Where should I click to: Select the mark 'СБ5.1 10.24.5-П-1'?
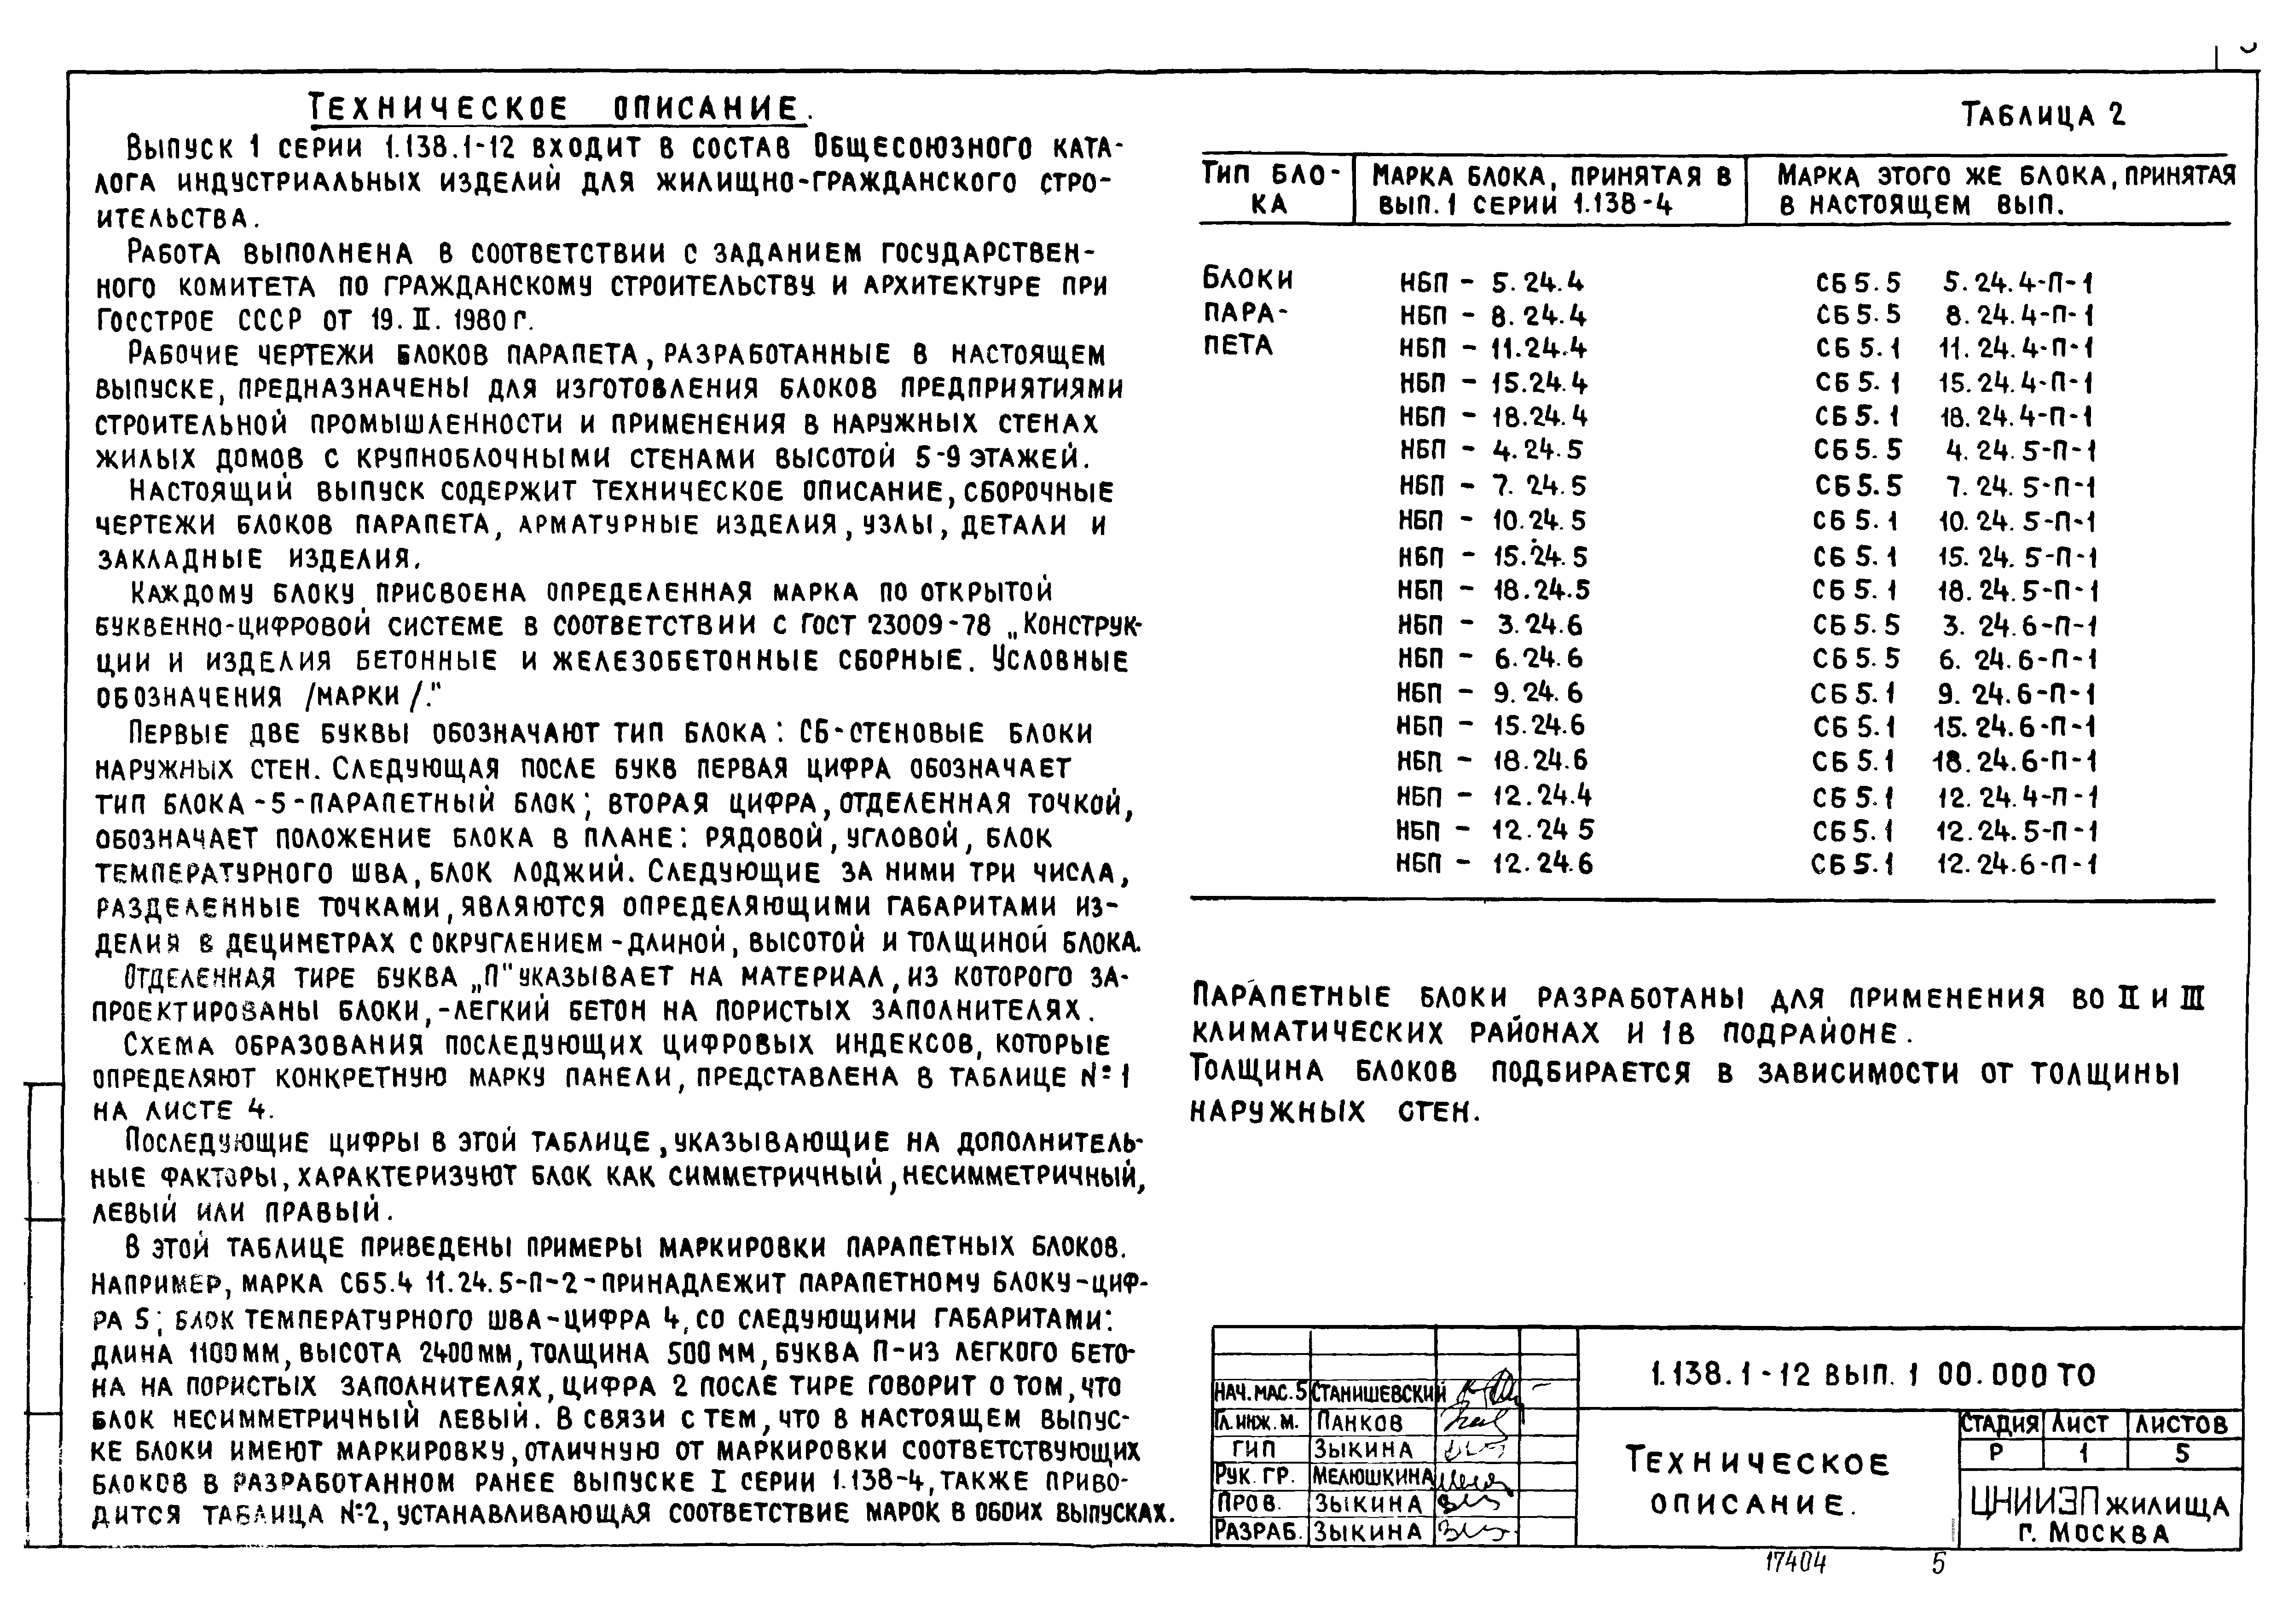click(x=1953, y=522)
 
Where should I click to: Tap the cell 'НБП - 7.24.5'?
click(x=1491, y=487)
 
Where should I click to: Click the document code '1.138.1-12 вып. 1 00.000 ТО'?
click(x=1873, y=1376)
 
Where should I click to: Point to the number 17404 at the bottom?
click(x=1796, y=1564)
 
